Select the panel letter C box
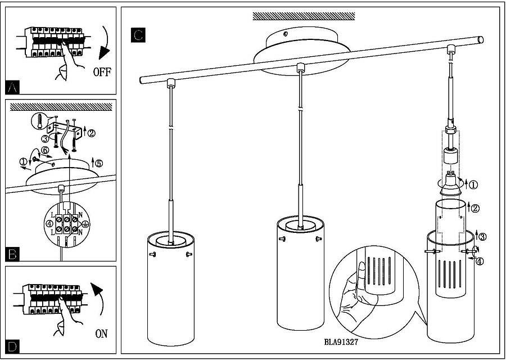point(138,35)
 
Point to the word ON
point(101,334)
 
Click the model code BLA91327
point(341,341)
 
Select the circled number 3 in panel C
point(481,236)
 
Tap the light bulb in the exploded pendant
point(449,183)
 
